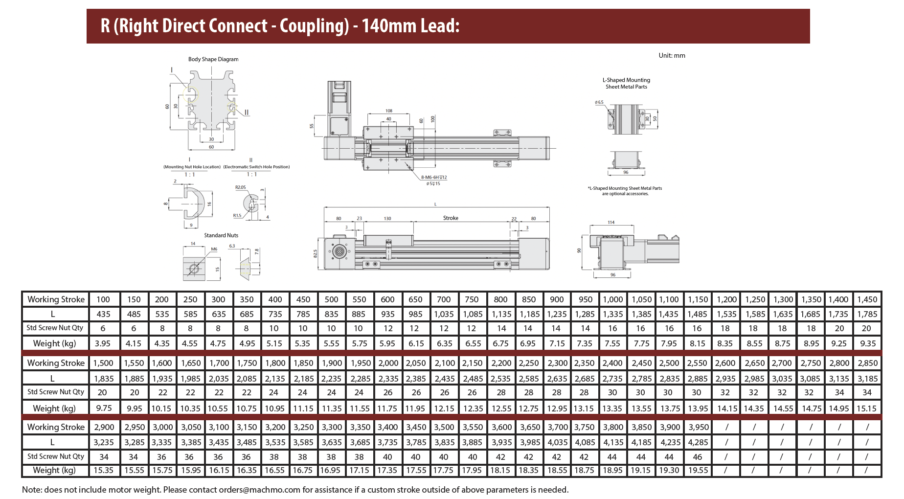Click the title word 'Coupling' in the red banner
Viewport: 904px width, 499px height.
pyautogui.click(x=313, y=26)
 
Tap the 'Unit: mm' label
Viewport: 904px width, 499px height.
pyautogui.click(x=672, y=55)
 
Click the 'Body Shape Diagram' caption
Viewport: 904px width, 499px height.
pyautogui.click(x=213, y=59)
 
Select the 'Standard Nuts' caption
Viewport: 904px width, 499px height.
pyautogui.click(x=221, y=235)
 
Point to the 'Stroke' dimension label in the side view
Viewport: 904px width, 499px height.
pyautogui.click(x=451, y=218)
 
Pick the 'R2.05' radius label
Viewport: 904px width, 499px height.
pyautogui.click(x=241, y=187)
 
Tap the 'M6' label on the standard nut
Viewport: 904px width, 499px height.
pyautogui.click(x=214, y=249)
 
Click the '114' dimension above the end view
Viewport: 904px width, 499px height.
pyautogui.click(x=611, y=222)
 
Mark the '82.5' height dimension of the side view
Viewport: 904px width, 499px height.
pyautogui.click(x=316, y=253)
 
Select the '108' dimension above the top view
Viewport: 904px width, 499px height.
pyautogui.click(x=389, y=111)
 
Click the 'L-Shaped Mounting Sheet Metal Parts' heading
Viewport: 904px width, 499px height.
pyautogui.click(x=626, y=83)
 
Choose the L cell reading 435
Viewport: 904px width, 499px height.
pyautogui.click(x=103, y=314)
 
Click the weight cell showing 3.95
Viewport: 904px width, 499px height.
pyautogui.click(x=103, y=343)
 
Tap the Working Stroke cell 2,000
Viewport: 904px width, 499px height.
pyautogui.click(x=388, y=363)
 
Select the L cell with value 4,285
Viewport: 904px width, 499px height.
pyautogui.click(x=698, y=442)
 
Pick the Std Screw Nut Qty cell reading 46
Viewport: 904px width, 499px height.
pyautogui.click(x=698, y=457)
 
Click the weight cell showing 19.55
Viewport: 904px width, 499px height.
pyautogui.click(x=698, y=470)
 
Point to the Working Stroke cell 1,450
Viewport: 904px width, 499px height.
pyautogui.click(x=867, y=299)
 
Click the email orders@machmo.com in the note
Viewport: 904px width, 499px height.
pyautogui.click(x=259, y=490)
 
